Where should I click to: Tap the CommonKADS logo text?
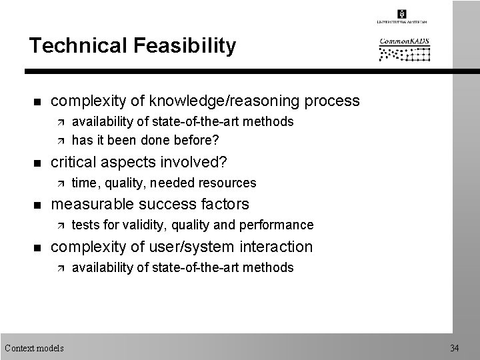point(405,42)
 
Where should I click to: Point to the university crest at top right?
point(401,14)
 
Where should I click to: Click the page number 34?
point(455,348)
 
